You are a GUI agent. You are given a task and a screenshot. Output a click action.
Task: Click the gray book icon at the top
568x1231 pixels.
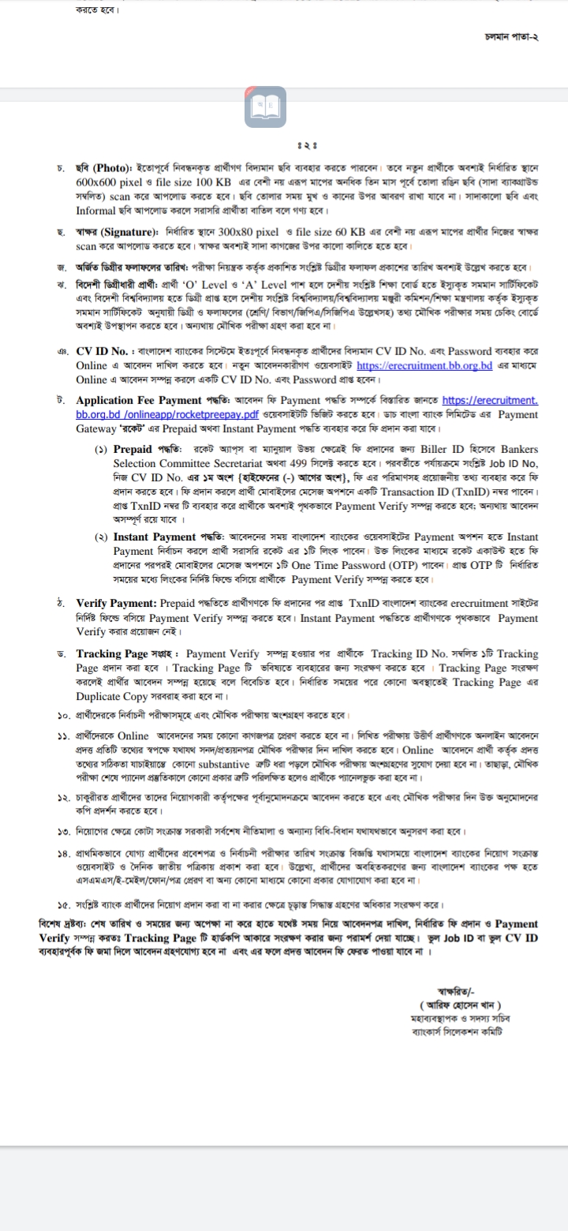click(265, 107)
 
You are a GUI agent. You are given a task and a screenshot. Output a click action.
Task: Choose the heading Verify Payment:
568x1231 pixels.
click(116, 603)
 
